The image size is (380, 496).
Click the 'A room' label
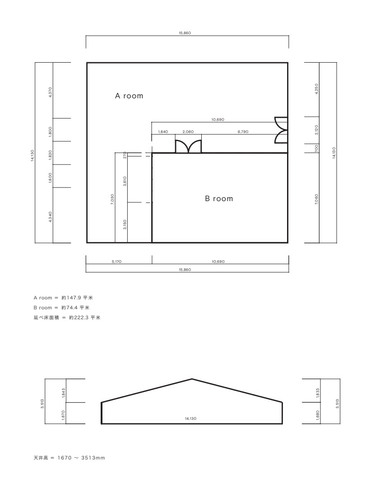(129, 96)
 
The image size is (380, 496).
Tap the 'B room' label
(219, 198)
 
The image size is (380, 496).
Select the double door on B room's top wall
(188, 147)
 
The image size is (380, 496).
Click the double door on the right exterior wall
(281, 130)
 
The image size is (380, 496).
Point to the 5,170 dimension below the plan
(116, 262)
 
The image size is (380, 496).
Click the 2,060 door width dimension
(188, 132)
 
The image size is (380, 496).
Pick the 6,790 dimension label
(243, 132)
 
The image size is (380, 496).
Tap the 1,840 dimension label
(163, 132)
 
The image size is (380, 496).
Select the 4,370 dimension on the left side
(51, 92)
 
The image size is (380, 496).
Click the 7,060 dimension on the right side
(317, 199)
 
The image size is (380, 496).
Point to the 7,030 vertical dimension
(112, 200)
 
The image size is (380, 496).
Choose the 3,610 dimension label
(125, 181)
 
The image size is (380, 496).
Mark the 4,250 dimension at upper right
(317, 89)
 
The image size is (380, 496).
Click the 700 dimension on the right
(317, 148)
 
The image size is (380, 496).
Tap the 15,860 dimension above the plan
(185, 33)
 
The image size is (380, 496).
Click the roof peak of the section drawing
(192, 379)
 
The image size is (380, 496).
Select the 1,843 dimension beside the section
(63, 393)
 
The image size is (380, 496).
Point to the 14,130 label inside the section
(190, 418)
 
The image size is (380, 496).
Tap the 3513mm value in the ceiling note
(93, 458)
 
